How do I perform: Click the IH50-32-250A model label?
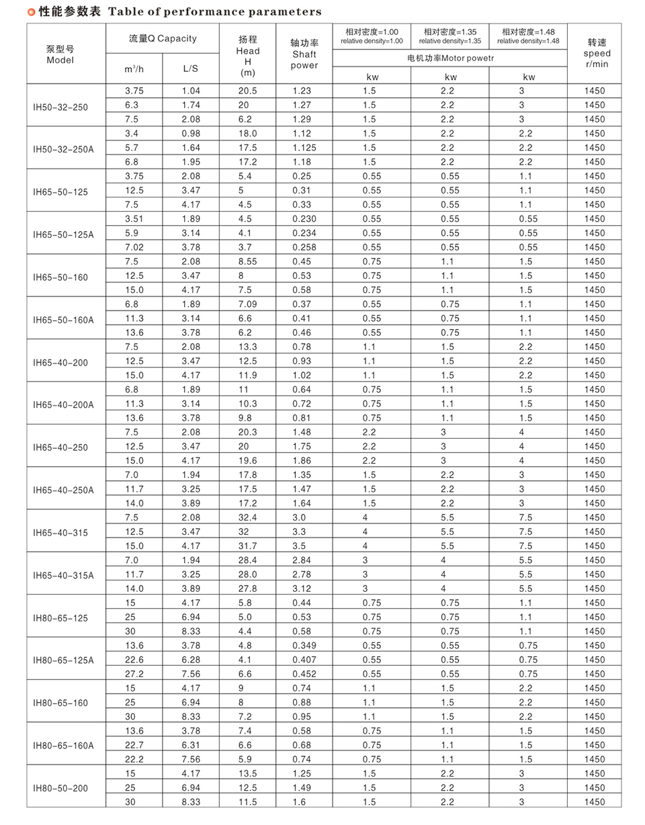[64, 148]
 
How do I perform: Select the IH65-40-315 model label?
[60, 532]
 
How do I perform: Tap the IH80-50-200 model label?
[60, 787]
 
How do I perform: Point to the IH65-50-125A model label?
[64, 233]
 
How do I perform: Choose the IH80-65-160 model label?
[60, 703]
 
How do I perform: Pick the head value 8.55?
[247, 261]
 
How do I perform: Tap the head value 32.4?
[247, 517]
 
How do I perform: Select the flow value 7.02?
[134, 247]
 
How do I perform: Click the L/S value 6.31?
[191, 745]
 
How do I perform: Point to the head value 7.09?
[247, 304]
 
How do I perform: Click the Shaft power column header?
[304, 54]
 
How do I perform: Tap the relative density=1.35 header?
[449, 36]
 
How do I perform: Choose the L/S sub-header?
[191, 69]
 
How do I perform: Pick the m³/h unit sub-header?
[134, 69]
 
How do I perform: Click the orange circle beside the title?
[31, 11]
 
